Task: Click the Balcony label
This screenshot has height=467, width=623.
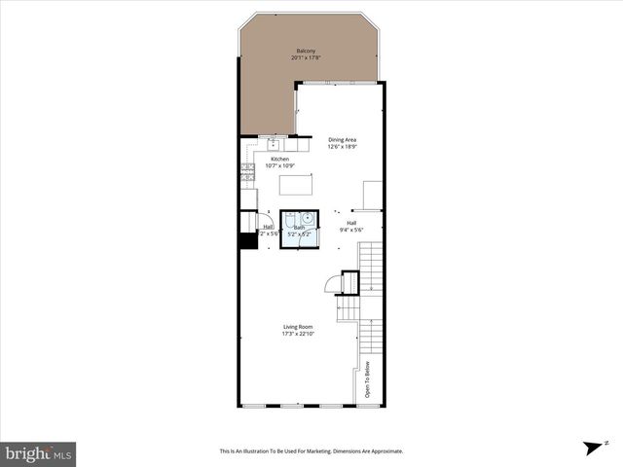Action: pos(306,51)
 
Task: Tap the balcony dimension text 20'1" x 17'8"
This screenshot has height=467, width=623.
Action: pos(306,58)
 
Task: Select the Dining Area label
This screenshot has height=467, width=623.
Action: pos(342,139)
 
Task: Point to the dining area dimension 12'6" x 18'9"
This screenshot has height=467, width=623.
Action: pos(342,147)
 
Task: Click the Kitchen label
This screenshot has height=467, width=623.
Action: pos(279,159)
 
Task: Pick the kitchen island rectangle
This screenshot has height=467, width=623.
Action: pos(297,184)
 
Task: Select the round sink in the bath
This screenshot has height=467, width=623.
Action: pos(307,218)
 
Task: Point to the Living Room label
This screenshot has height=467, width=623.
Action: pos(297,327)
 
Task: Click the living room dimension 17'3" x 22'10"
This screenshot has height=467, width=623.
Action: pos(297,335)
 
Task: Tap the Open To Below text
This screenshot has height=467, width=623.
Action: pos(367,379)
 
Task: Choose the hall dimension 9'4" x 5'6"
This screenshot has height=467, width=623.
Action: pos(350,231)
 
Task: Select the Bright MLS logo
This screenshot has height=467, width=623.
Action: pos(38,453)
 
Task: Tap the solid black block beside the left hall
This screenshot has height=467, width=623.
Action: pos(248,242)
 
